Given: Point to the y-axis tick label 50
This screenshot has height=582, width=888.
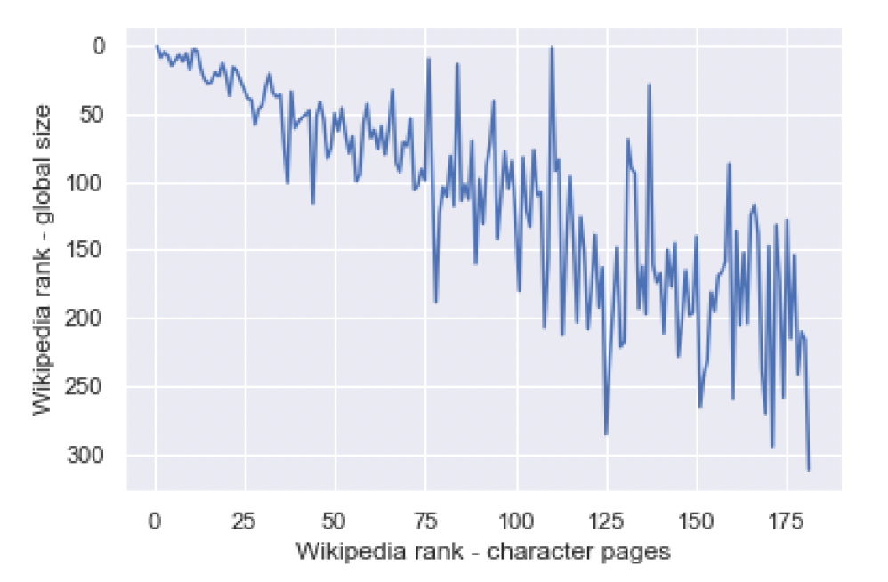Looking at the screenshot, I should click(92, 115).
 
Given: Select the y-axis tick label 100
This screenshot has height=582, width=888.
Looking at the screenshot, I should click(85, 183).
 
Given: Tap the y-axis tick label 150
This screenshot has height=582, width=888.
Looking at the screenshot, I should click(85, 251).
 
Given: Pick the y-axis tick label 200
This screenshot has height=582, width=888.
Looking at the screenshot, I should click(85, 319).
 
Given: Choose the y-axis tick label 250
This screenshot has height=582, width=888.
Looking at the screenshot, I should click(85, 387).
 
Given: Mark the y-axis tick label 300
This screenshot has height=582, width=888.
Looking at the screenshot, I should click(85, 456).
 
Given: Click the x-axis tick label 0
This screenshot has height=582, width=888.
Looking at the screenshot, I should click(156, 519).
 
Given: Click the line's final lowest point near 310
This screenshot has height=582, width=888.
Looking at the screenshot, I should click(809, 469).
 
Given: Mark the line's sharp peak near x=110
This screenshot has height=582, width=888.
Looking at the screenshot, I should click(552, 47).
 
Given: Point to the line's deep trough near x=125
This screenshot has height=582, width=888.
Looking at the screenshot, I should click(606, 434).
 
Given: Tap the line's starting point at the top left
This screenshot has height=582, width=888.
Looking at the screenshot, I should click(156, 46).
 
